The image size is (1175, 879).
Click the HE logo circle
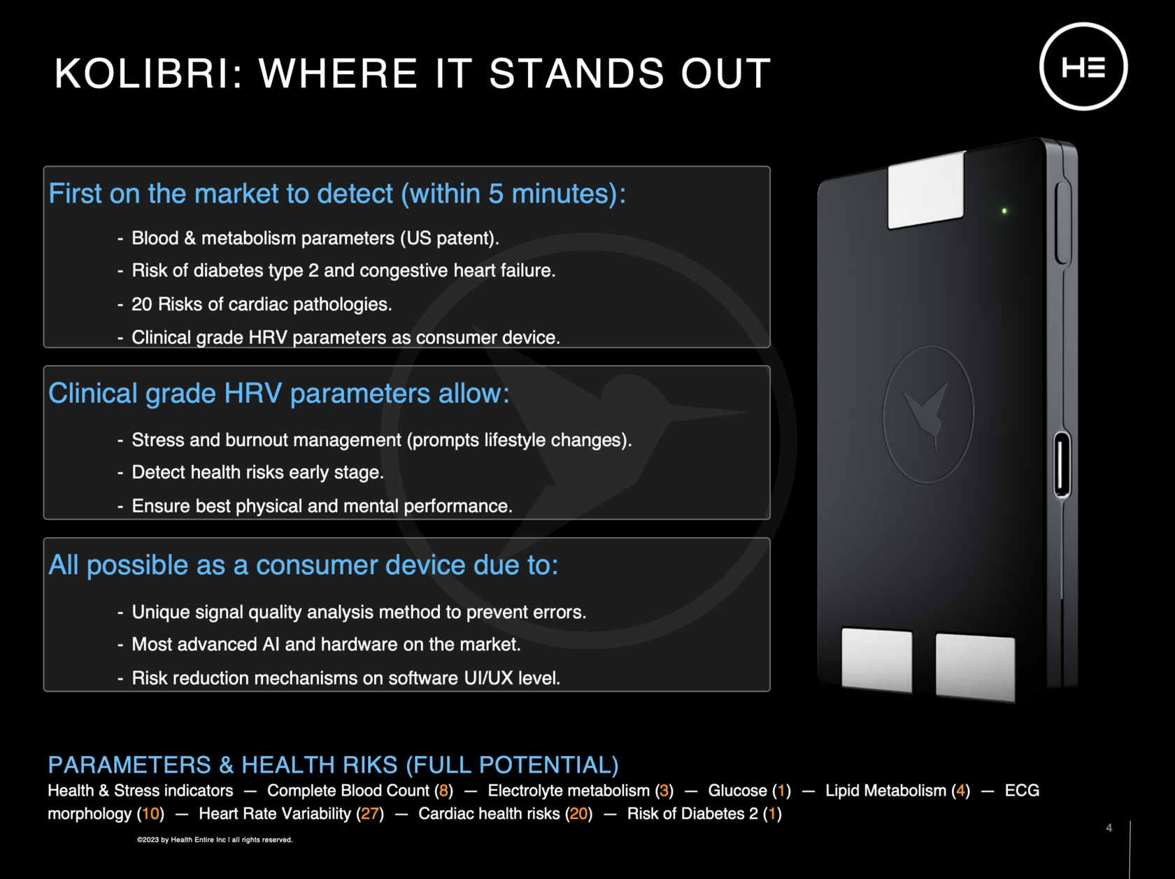1083,24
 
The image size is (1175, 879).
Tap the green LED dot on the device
1004,211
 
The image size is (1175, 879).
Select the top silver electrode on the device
926,190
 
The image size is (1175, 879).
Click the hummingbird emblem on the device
929,415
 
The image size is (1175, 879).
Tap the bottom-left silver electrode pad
877,659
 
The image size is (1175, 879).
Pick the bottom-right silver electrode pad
976,666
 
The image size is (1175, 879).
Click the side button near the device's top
1062,222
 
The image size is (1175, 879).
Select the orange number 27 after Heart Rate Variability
370,814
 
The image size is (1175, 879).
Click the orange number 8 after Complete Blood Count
443,791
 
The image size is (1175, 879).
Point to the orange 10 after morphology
150,814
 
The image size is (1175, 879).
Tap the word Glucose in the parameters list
738,791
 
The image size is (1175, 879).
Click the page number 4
1109,828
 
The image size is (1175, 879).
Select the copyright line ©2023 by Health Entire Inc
215,840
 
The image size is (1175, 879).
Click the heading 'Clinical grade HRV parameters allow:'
279,393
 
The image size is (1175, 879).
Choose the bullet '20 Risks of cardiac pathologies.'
262,304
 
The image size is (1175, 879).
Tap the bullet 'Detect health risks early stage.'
258,473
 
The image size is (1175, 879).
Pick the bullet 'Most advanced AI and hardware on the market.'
327,645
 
